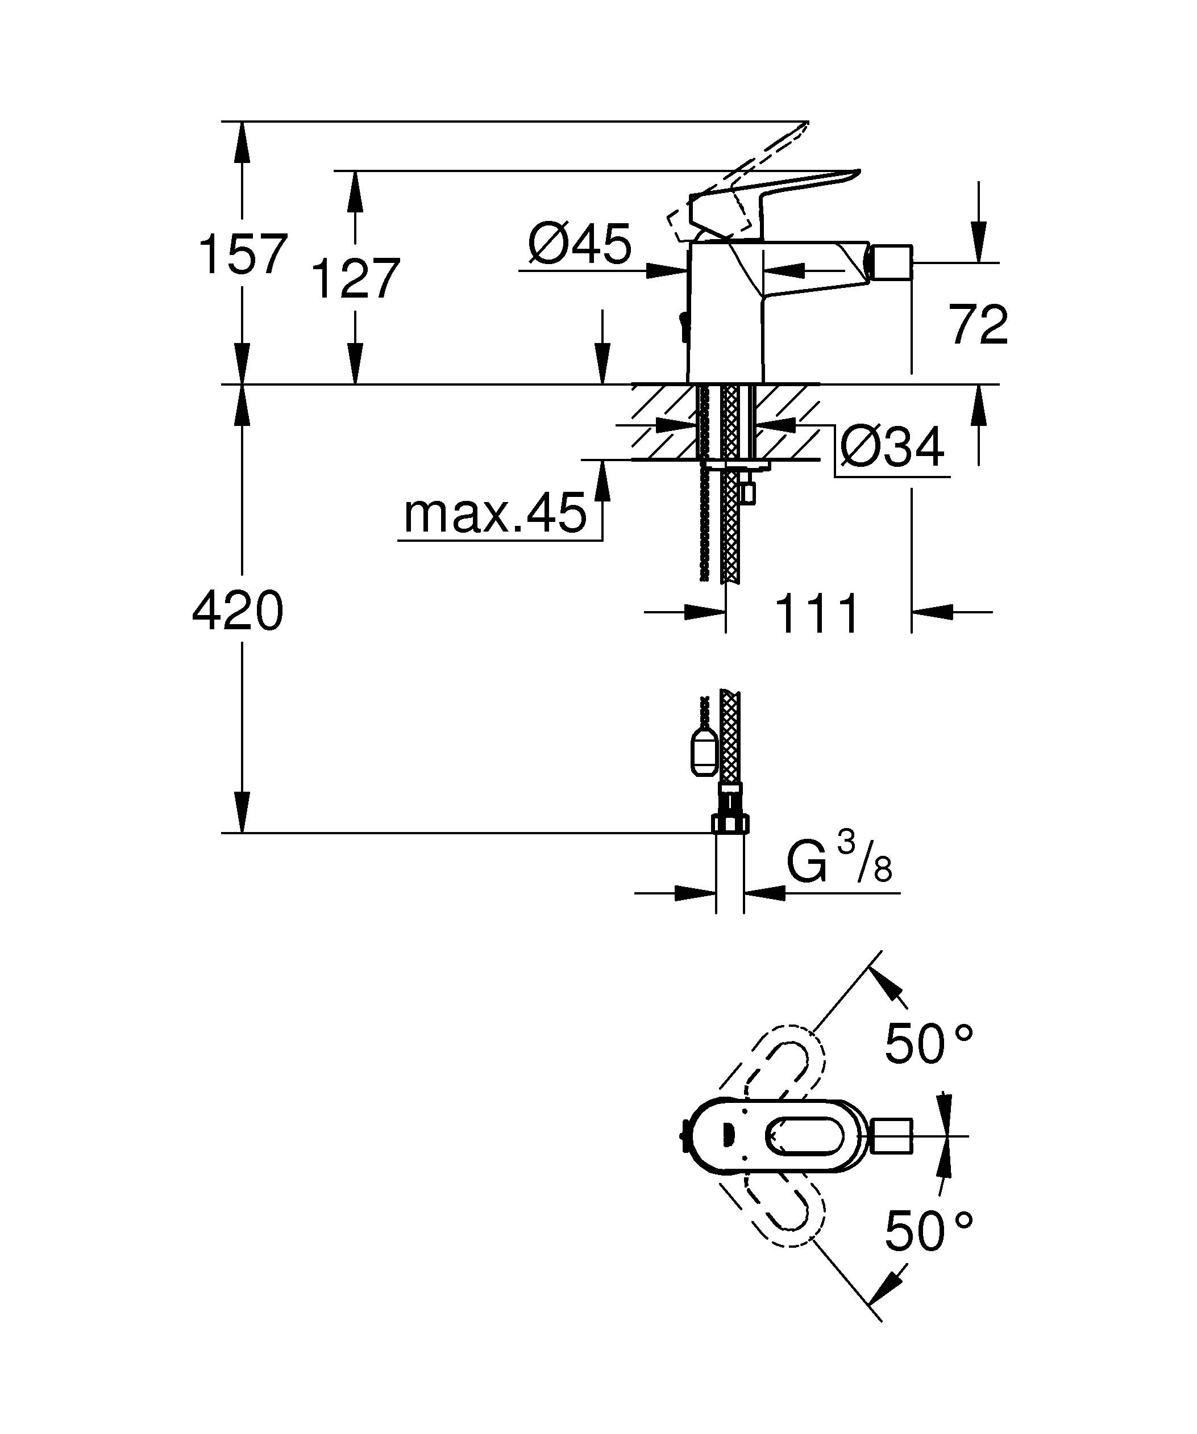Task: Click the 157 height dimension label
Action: click(243, 254)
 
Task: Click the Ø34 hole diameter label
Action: click(892, 448)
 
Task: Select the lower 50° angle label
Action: click(928, 1231)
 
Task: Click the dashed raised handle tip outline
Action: click(785, 143)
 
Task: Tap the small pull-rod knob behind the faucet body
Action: click(683, 321)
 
